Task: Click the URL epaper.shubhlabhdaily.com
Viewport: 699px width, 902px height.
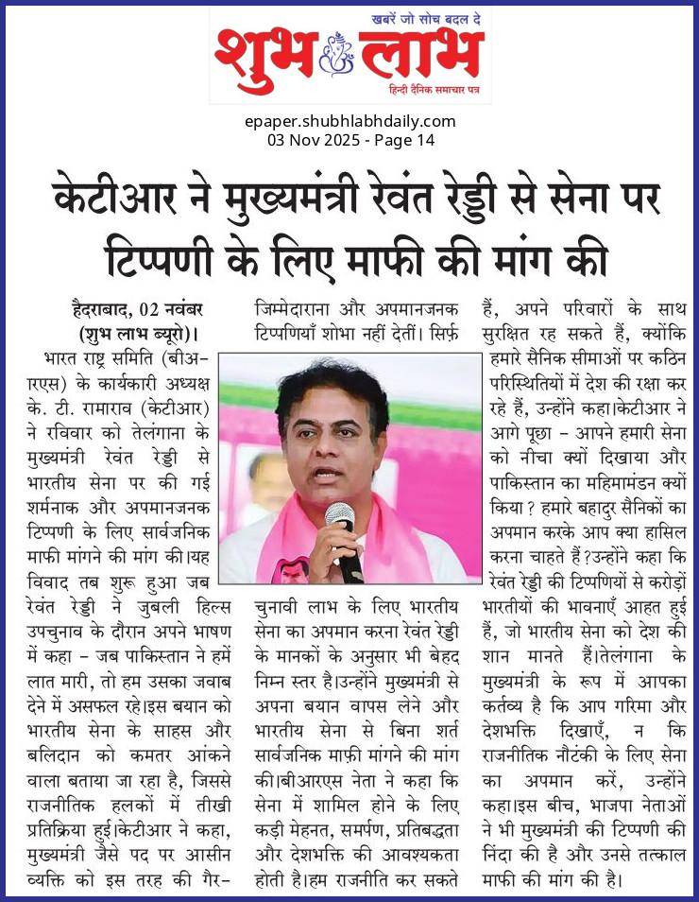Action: click(x=349, y=121)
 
